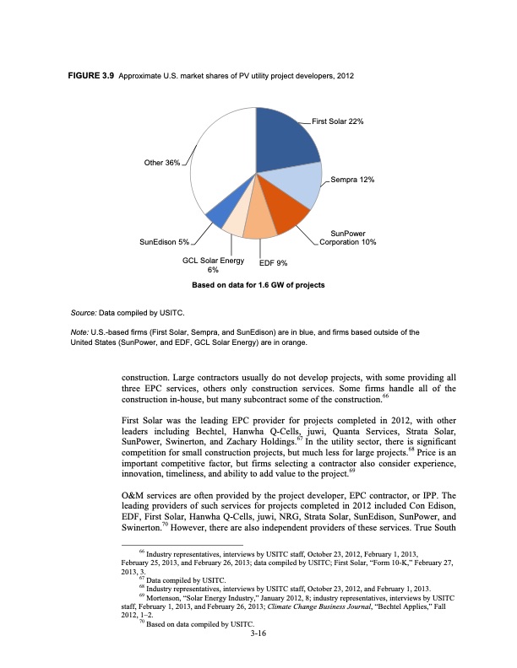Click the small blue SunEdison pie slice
217,217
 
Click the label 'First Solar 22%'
337,121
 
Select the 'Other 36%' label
161,162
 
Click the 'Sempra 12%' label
353,180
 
